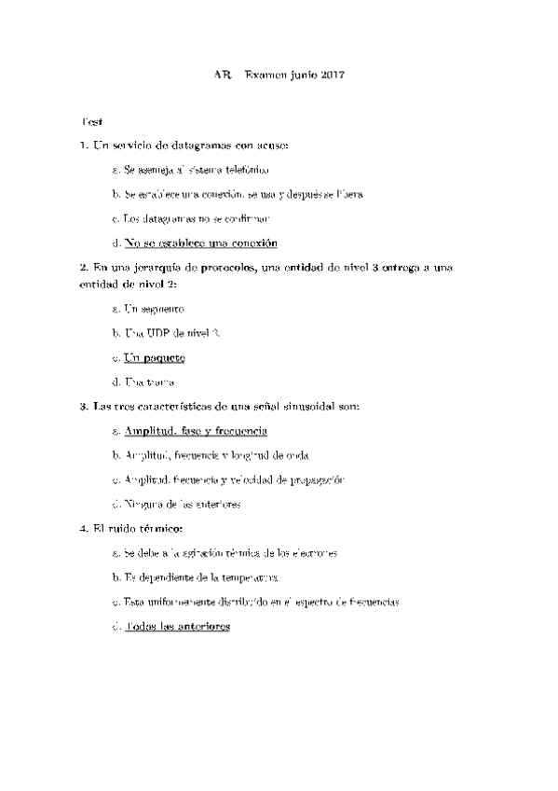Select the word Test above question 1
[x=92, y=122]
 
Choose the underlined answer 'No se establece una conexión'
[x=200, y=243]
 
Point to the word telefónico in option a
[x=248, y=171]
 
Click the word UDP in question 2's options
[x=157, y=333]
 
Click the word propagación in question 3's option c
[x=316, y=479]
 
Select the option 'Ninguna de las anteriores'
[x=181, y=504]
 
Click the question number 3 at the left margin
[x=84, y=407]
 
